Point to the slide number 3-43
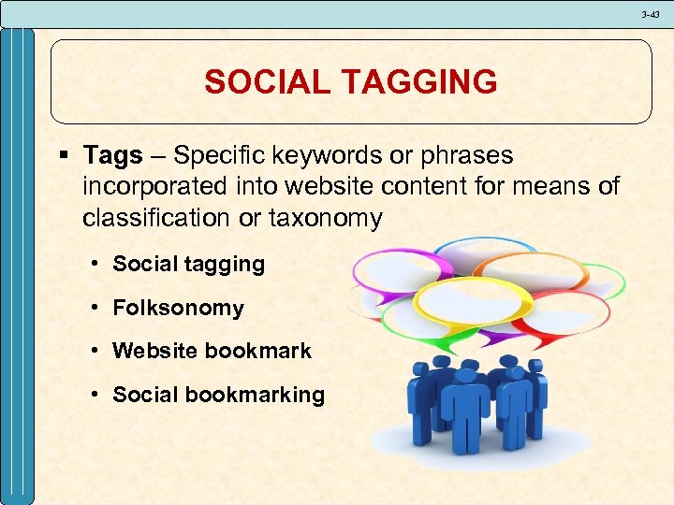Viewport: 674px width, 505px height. [x=651, y=14]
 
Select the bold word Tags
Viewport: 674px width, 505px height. [x=112, y=155]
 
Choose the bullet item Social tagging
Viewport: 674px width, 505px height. [x=188, y=265]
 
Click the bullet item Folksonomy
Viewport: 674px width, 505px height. [x=178, y=308]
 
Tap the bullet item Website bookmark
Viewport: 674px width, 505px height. [x=212, y=352]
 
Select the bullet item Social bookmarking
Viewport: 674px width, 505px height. [x=218, y=395]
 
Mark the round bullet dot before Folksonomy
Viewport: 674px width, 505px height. [x=97, y=309]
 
